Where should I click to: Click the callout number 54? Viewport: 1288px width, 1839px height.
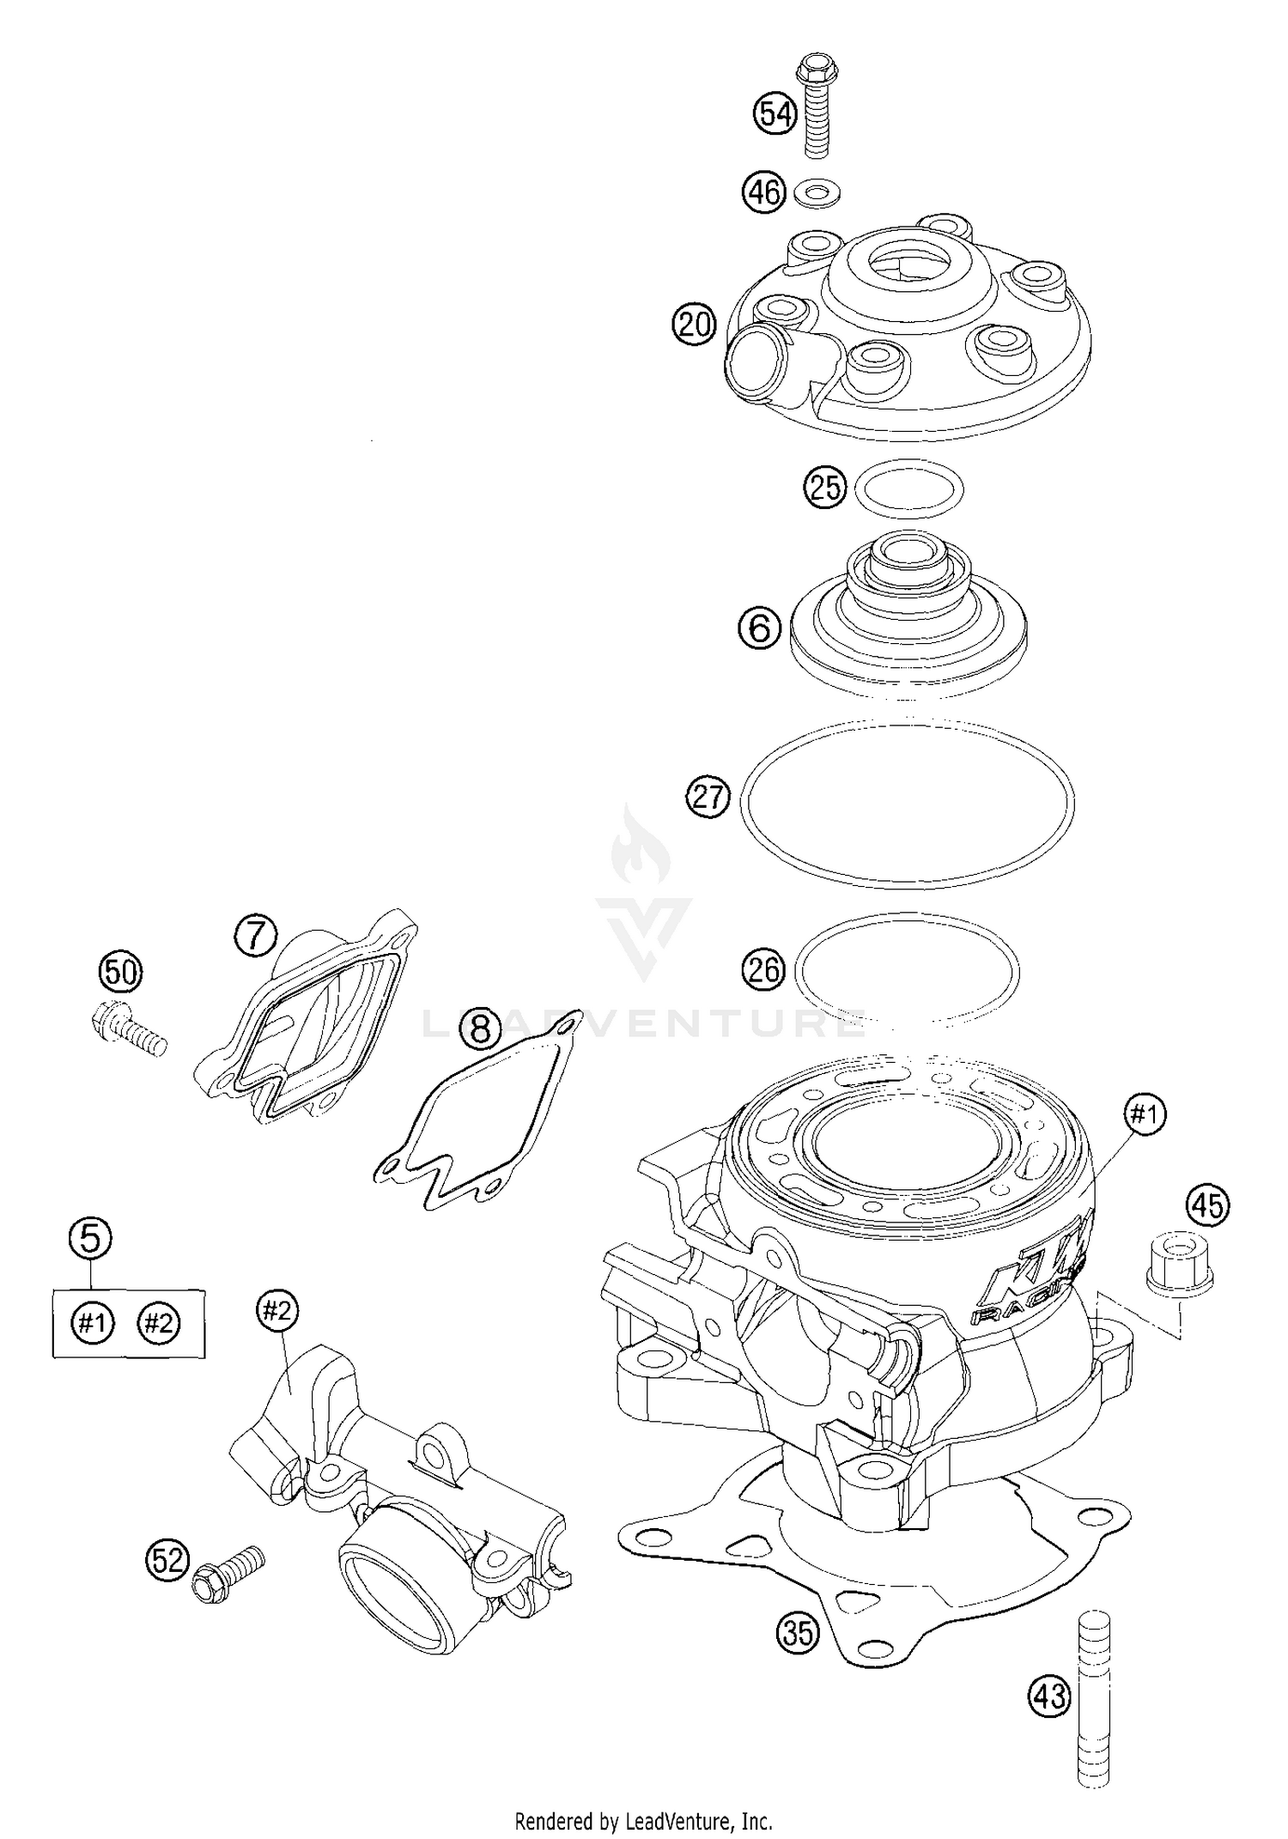tap(775, 114)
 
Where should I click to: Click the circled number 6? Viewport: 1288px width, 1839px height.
tap(759, 628)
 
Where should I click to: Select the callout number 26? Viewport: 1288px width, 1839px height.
tap(763, 970)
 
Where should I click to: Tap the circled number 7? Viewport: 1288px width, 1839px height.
tap(257, 935)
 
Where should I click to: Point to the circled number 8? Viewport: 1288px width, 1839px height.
tap(480, 1028)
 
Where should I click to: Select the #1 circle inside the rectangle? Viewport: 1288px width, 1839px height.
tap(92, 1323)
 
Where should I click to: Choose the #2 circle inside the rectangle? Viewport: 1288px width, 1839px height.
tap(158, 1323)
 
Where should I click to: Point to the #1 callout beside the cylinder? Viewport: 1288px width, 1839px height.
tap(1146, 1115)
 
